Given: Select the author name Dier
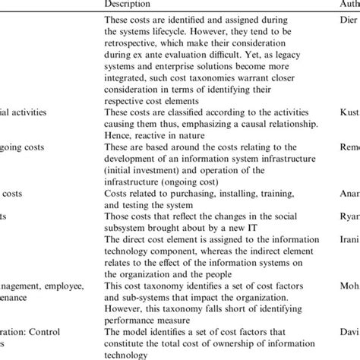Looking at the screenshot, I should pyautogui.click(x=346, y=22).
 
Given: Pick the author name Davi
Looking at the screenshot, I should pyautogui.click(x=346, y=331).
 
